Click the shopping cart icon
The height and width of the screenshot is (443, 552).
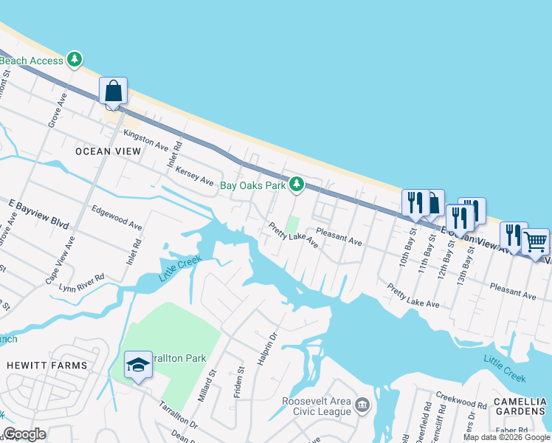pos(535,241)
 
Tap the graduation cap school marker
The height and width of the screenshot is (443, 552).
pos(138,365)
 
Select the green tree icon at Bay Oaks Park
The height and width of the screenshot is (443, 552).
pos(297,184)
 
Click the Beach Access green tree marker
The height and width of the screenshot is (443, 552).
pos(75,60)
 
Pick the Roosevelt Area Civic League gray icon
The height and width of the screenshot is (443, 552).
pos(362,405)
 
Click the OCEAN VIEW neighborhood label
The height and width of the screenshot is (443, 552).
pos(108,151)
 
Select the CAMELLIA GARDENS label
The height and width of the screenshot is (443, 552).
pos(521,407)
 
